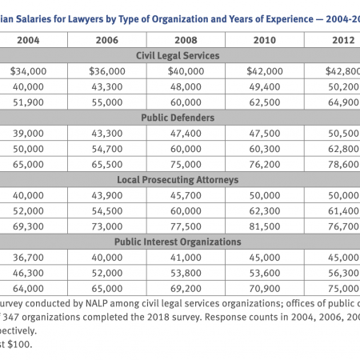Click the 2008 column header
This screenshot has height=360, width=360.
pyautogui.click(x=186, y=40)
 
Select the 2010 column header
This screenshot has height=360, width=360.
pyautogui.click(x=265, y=40)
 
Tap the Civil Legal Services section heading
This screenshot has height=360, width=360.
pyautogui.click(x=178, y=55)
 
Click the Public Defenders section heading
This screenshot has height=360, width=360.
pyautogui.click(x=178, y=118)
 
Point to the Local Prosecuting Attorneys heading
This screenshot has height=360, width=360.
pyautogui.click(x=178, y=180)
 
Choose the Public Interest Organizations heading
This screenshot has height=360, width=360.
pyautogui.click(x=178, y=242)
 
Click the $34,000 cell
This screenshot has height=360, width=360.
pyautogui.click(x=28, y=71)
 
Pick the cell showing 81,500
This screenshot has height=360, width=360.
pyautogui.click(x=265, y=226)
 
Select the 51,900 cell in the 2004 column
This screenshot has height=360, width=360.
pyautogui.click(x=28, y=102)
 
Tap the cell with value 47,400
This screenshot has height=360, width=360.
pyautogui.click(x=186, y=134)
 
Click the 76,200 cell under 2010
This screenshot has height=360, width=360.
pyautogui.click(x=265, y=164)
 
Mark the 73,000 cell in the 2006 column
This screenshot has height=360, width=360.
pyautogui.click(x=107, y=226)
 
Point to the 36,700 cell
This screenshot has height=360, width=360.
pyautogui.click(x=28, y=258)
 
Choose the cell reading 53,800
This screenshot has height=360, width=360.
pyautogui.click(x=186, y=273)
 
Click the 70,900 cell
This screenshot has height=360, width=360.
pyautogui.click(x=265, y=289)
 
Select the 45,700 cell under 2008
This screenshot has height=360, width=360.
pyautogui.click(x=186, y=195)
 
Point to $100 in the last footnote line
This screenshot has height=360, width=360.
pyautogui.click(x=20, y=344)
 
